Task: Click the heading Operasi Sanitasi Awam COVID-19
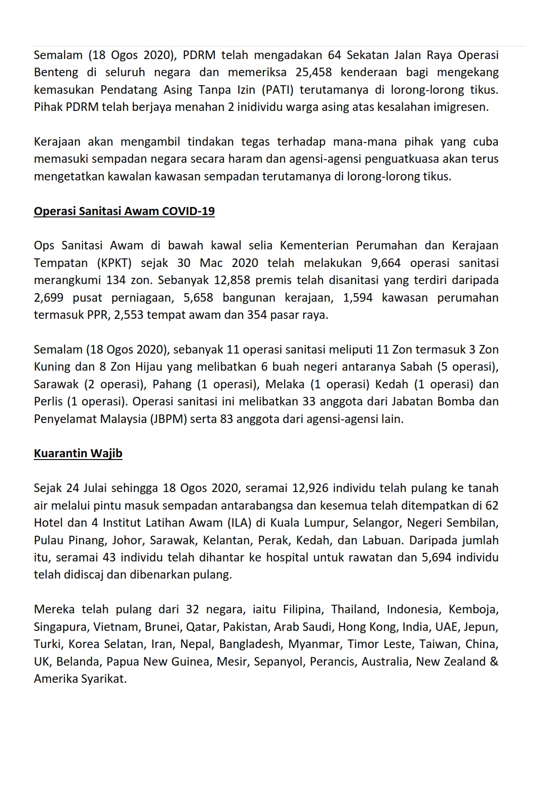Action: click(x=124, y=211)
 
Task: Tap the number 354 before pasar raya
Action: click(x=257, y=315)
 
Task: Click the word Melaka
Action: click(x=282, y=384)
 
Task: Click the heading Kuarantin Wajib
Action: click(x=78, y=453)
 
